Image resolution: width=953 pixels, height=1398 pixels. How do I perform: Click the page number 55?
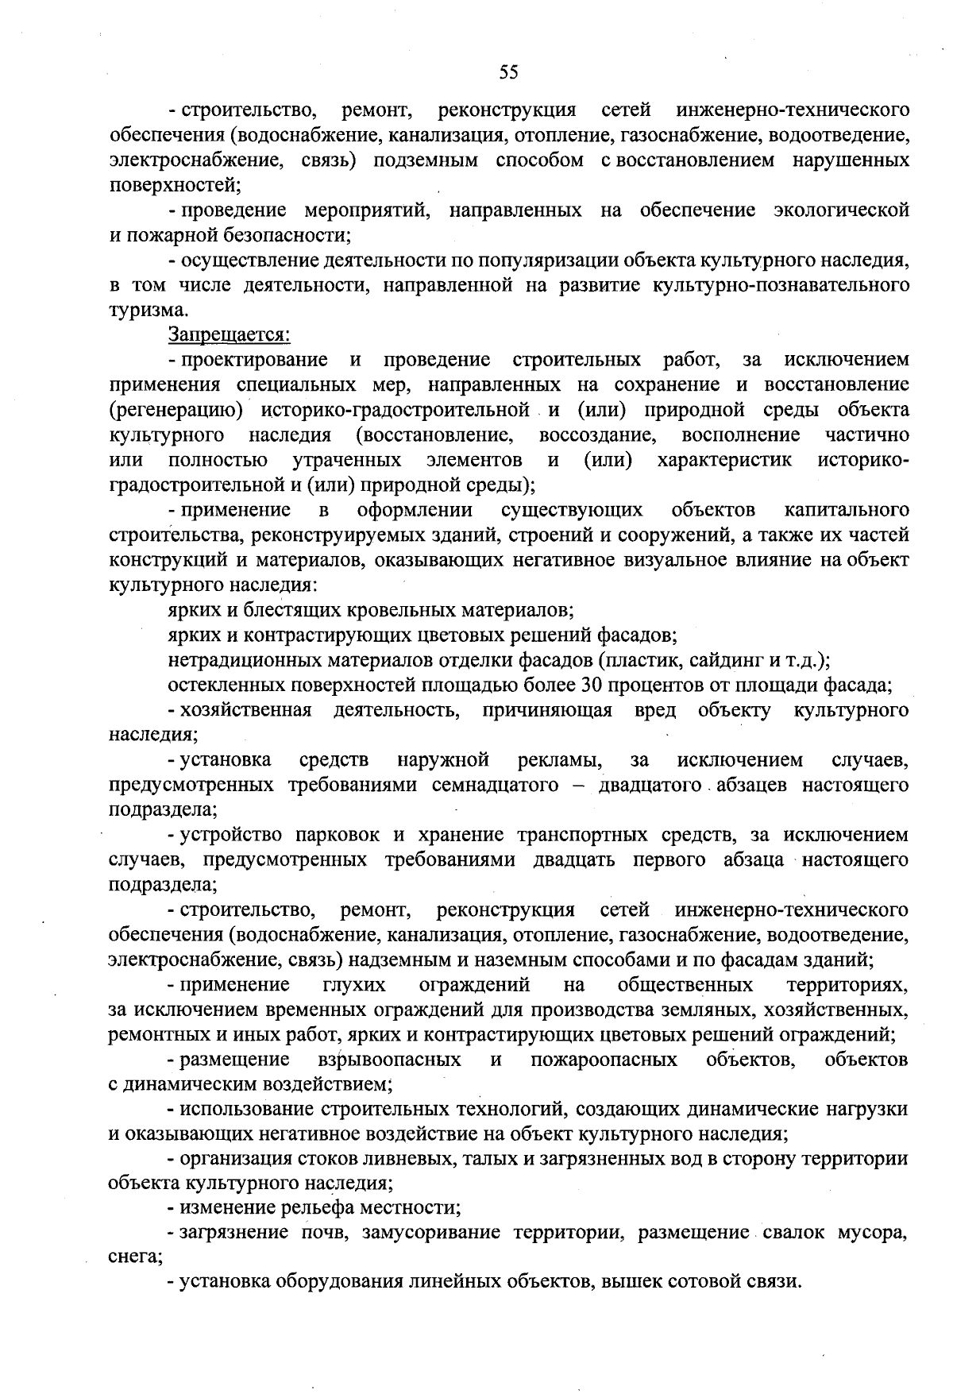[x=508, y=72]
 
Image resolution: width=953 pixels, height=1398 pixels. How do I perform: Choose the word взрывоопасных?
[x=389, y=1060]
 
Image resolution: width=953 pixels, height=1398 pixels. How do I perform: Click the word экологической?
[x=841, y=210]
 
